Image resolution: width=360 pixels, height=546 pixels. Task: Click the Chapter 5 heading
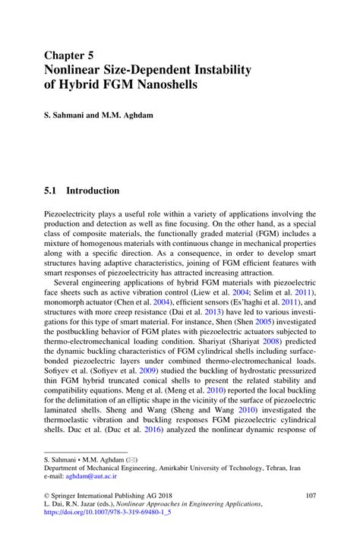click(x=68, y=55)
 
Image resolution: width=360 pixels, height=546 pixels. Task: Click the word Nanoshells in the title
click(x=161, y=84)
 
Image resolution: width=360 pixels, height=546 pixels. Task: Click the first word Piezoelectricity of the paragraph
click(x=74, y=215)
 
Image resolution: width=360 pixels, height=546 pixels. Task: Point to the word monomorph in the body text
click(x=67, y=301)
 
